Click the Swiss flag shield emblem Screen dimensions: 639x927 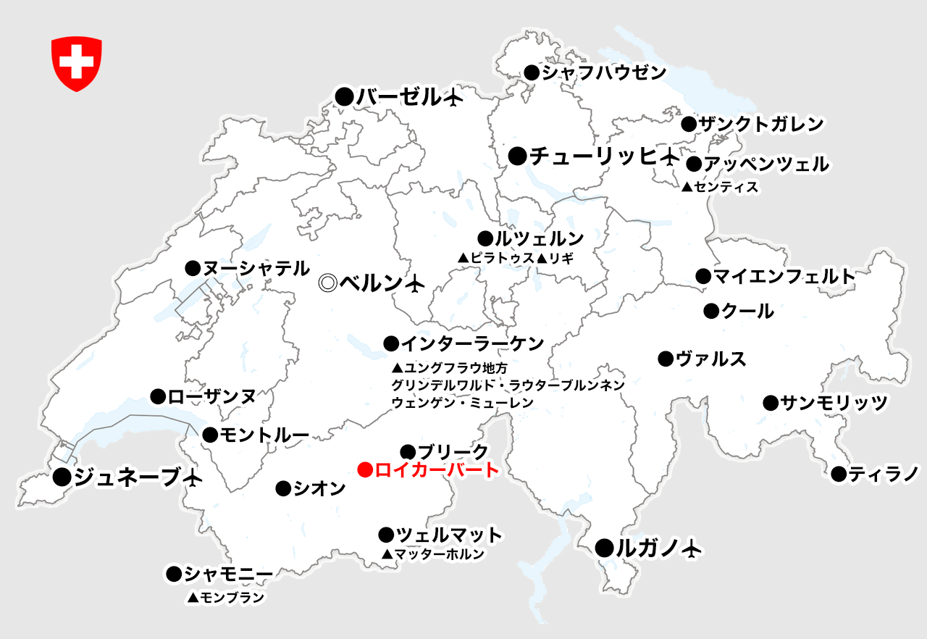(76, 64)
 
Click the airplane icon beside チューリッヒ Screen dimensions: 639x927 (671, 156)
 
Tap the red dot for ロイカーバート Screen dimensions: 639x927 (366, 470)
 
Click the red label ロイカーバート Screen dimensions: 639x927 (437, 470)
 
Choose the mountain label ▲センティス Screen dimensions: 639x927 (720, 188)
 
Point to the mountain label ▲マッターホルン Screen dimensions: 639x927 (433, 554)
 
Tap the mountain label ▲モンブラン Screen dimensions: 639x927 (225, 598)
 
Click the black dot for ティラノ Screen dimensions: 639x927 (839, 475)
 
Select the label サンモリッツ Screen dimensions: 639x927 (834, 403)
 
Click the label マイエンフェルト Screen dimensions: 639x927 (784, 276)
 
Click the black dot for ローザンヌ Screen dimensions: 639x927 (158, 396)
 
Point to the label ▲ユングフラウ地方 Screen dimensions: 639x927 (450, 367)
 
